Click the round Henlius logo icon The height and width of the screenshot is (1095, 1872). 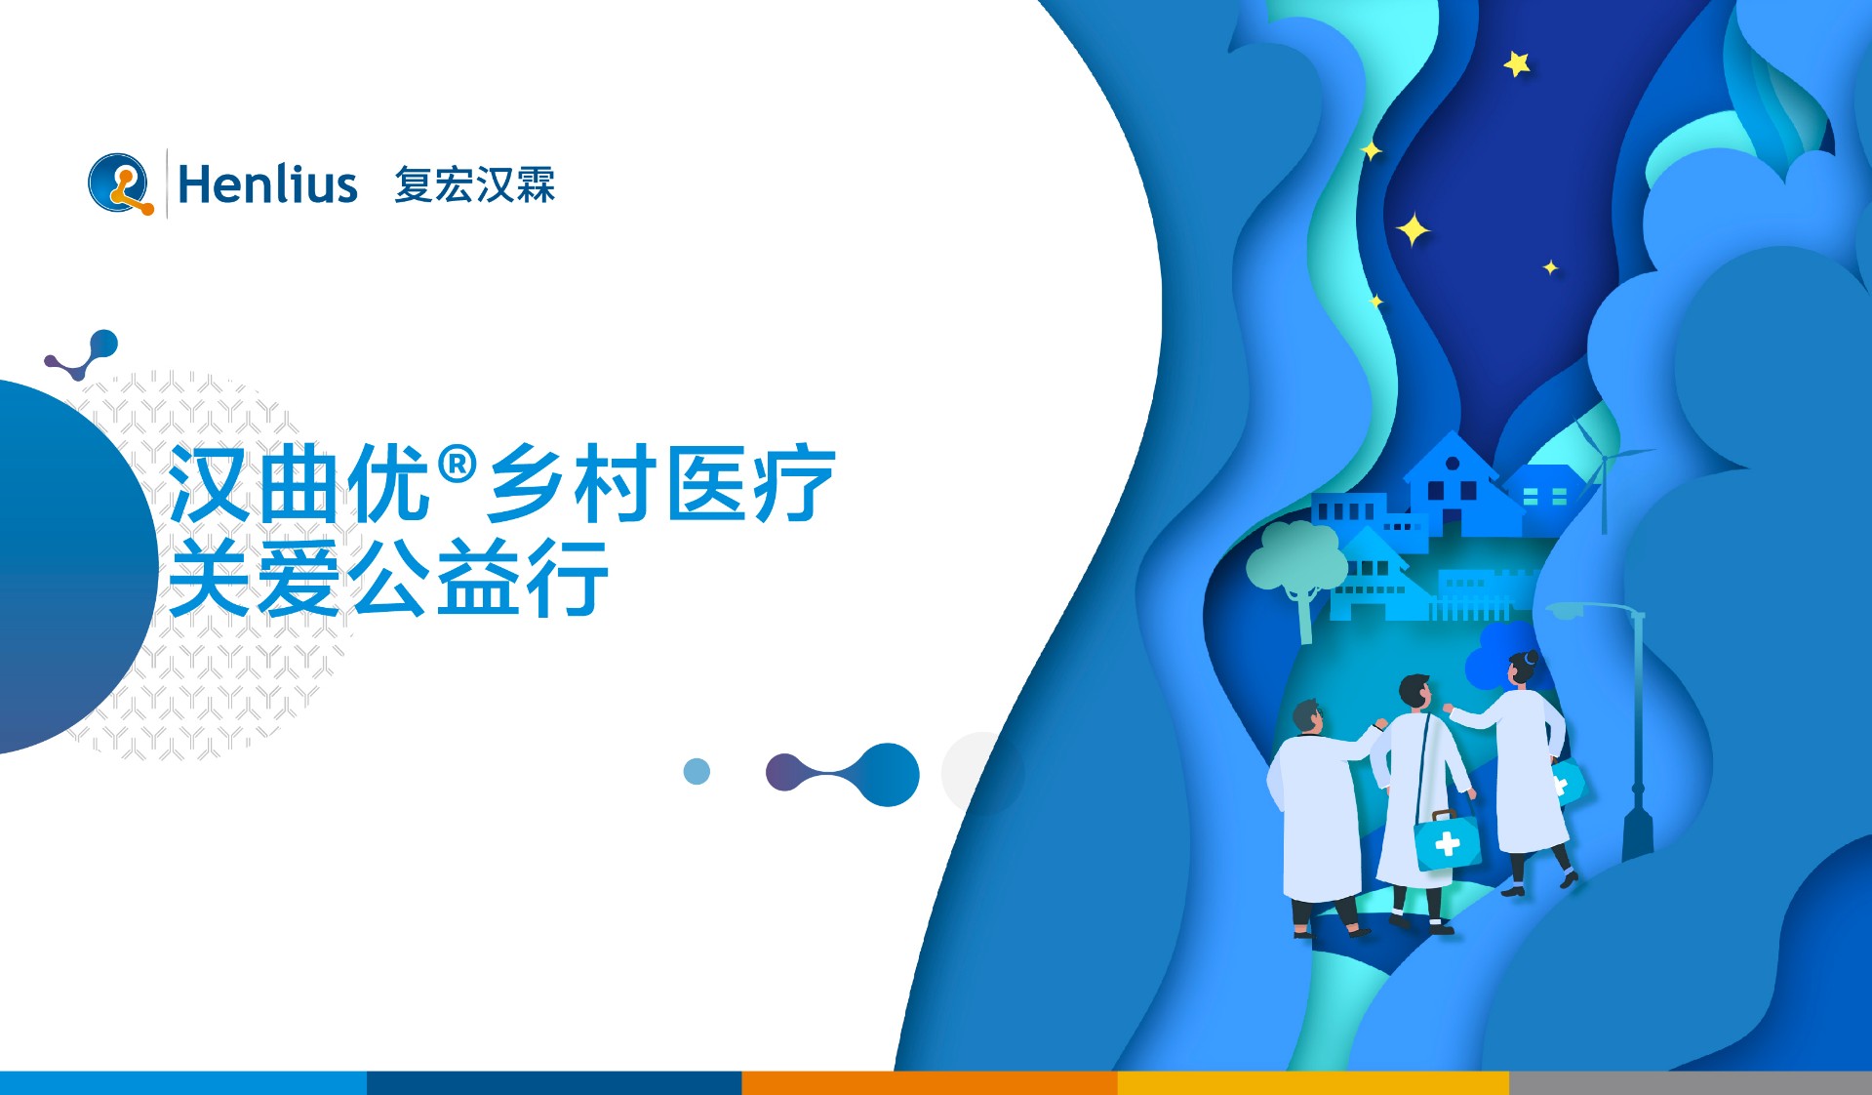point(120,183)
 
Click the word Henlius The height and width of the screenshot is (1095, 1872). point(267,184)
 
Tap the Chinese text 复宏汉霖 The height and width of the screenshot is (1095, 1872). point(474,184)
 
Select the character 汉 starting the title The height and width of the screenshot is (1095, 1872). point(208,484)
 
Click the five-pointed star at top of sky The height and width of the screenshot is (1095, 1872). point(1516,64)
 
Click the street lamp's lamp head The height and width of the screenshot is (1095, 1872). point(1565,612)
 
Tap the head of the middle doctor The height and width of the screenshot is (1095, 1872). point(1415,691)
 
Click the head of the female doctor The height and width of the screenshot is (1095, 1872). point(1522,669)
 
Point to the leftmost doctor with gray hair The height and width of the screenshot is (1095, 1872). point(1317,810)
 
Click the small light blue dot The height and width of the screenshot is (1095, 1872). point(697,772)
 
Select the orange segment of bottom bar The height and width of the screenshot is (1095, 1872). point(929,1082)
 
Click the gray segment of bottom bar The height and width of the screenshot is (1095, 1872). point(1690,1082)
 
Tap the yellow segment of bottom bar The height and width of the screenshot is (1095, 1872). point(1312,1082)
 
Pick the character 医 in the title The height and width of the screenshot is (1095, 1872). point(700,484)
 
